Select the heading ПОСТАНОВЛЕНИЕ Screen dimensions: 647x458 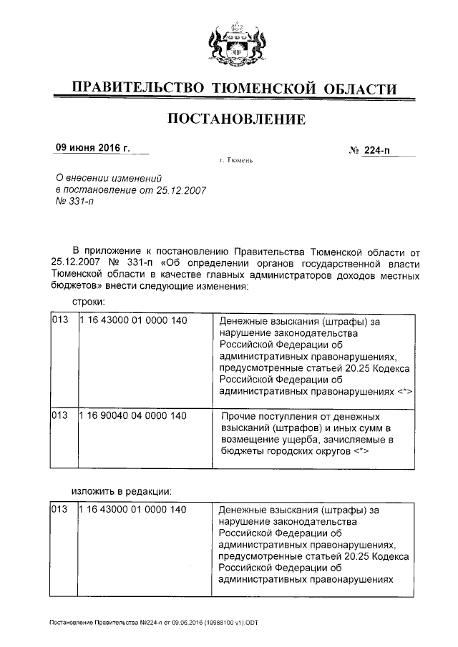[x=235, y=119]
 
